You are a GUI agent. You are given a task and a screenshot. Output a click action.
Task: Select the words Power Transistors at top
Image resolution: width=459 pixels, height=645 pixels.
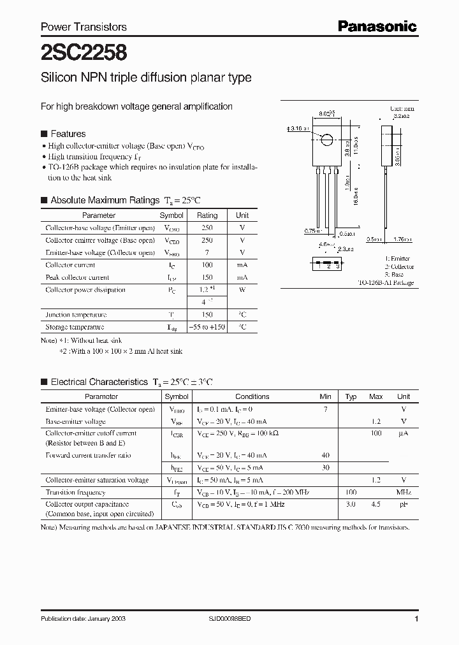point(84,27)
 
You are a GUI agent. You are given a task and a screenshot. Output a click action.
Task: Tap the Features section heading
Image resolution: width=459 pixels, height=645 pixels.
point(68,134)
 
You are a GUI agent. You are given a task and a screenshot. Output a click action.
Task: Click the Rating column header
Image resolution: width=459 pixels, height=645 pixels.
point(207,215)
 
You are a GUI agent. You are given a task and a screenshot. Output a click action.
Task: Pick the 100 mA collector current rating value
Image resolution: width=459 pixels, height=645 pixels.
point(207,265)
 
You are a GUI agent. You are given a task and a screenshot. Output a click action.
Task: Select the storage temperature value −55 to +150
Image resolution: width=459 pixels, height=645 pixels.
point(207,327)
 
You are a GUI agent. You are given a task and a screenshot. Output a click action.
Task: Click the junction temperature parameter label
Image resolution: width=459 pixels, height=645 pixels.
point(75,315)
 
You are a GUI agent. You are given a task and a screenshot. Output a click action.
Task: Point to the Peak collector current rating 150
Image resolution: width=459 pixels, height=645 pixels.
point(207,278)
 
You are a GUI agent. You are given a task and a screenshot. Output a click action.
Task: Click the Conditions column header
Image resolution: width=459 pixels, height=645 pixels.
point(252,396)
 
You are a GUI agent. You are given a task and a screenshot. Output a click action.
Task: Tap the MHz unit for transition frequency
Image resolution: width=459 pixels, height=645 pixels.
point(403,493)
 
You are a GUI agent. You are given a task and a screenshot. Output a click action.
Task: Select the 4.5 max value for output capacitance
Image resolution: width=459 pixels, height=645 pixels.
point(375,504)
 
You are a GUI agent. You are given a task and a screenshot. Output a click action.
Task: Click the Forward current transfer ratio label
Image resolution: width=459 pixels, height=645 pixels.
point(88,456)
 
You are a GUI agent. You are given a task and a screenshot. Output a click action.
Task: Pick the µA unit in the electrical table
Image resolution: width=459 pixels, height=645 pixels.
point(403,433)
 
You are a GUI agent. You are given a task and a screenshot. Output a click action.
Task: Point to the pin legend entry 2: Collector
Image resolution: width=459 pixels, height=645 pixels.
point(399,266)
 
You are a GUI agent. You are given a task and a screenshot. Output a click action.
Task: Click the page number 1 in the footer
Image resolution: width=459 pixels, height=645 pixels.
point(416,619)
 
